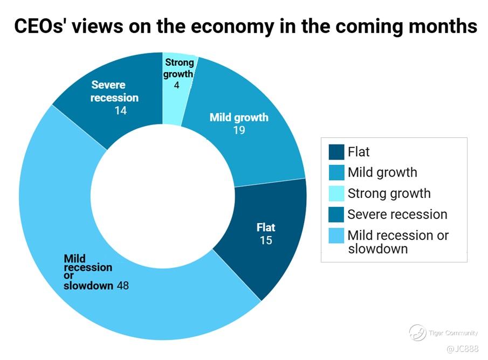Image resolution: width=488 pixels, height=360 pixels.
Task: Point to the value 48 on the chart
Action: (123, 286)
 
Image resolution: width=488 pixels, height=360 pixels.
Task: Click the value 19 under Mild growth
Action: (239, 130)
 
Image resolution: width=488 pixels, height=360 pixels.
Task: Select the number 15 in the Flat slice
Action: (266, 240)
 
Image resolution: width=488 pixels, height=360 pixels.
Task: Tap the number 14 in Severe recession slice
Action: (120, 110)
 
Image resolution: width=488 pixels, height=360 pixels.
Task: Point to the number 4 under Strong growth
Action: (176, 85)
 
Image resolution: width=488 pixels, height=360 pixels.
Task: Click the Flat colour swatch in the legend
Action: (336, 152)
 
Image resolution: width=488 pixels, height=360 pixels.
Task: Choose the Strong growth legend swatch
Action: (336, 193)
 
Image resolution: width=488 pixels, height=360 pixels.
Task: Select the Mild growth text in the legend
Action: (382, 173)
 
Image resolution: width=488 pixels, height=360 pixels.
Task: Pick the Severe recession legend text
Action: (397, 214)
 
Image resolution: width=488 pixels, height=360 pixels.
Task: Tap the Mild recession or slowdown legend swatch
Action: (336, 236)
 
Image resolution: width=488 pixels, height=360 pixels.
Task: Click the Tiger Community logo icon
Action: (417, 333)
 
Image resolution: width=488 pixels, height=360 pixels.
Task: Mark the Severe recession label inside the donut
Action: (114, 91)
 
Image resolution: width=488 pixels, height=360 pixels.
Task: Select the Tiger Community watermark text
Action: (453, 333)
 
